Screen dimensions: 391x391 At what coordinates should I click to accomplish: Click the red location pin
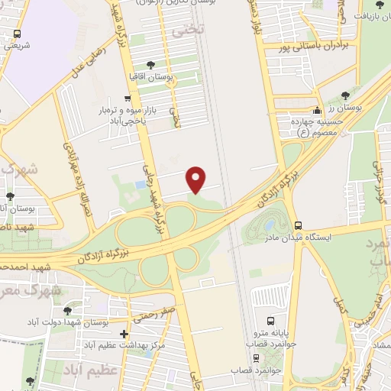[197, 179]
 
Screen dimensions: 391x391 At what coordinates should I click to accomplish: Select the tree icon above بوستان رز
[347, 95]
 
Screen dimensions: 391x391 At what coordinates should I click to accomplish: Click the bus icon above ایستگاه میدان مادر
[298, 225]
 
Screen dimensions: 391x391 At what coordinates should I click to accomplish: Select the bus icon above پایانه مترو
[270, 322]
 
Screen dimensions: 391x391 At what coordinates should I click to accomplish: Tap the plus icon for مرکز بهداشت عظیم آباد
[124, 334]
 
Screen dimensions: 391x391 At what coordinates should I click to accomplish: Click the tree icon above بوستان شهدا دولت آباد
[68, 311]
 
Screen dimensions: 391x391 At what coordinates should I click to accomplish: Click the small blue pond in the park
[139, 185]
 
